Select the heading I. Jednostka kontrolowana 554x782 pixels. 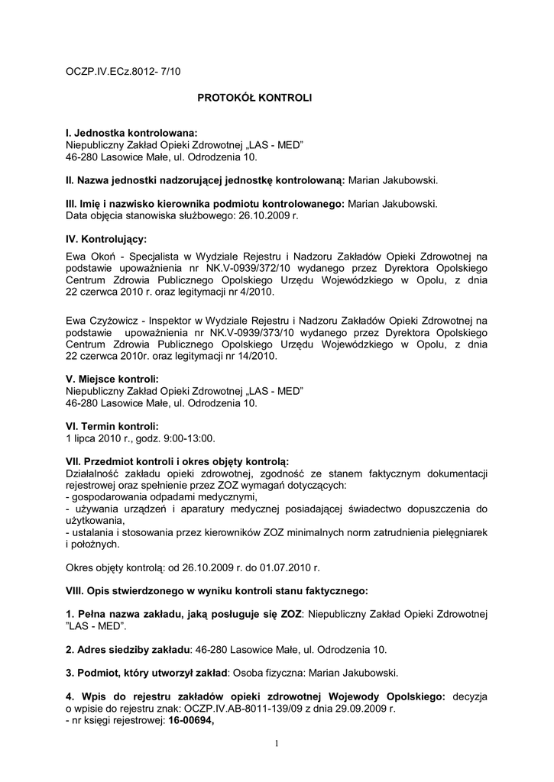pyautogui.click(x=131, y=133)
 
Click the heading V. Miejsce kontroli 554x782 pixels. pyautogui.click(x=112, y=380)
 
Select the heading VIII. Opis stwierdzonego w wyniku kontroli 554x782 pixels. pyautogui.click(x=216, y=590)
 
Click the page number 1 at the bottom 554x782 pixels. pyautogui.click(x=277, y=744)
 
